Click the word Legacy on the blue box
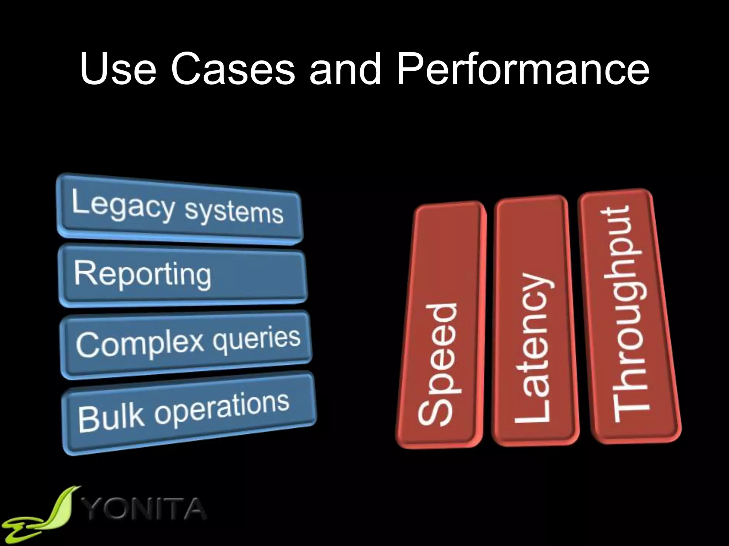coord(123,206)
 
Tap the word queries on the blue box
coord(256,338)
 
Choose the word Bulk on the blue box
coord(111,416)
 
